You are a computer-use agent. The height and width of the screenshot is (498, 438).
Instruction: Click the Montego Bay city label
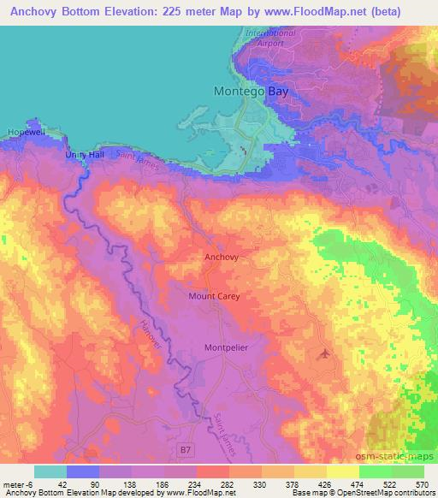(244, 91)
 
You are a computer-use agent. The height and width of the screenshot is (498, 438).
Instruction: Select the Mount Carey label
(214, 296)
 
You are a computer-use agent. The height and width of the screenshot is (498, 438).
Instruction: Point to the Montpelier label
(226, 347)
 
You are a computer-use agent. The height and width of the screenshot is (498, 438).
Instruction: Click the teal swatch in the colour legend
(50, 471)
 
